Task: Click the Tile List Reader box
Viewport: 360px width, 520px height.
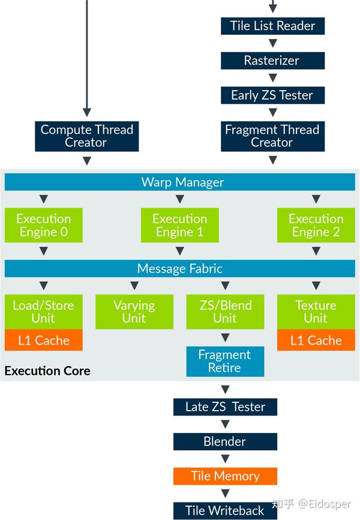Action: click(272, 26)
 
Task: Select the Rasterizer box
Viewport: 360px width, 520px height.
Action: click(272, 61)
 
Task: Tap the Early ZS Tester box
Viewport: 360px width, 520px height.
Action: click(272, 95)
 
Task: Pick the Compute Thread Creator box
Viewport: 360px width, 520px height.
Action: click(86, 136)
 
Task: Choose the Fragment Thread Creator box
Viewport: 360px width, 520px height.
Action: click(272, 136)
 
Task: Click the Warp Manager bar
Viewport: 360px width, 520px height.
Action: click(180, 182)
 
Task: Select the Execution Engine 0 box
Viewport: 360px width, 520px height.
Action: click(43, 225)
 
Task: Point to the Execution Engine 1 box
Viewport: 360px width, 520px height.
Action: click(180, 225)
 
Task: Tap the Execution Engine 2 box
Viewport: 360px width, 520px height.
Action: click(316, 225)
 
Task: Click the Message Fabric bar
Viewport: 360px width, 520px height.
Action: click(180, 268)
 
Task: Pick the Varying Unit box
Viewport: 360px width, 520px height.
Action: click(134, 312)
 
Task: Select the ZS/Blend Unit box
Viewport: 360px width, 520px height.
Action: click(225, 312)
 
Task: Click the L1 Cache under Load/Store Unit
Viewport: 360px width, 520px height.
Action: click(43, 340)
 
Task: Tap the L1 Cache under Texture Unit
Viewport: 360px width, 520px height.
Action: click(316, 340)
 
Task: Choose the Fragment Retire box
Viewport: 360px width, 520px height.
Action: click(225, 361)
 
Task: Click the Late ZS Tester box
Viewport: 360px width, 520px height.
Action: click(225, 407)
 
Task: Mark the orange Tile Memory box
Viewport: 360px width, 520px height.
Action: click(225, 476)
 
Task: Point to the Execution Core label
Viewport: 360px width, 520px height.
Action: click(47, 371)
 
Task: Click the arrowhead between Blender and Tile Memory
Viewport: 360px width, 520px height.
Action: click(225, 459)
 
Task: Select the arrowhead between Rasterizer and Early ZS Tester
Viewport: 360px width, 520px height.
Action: click(272, 78)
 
